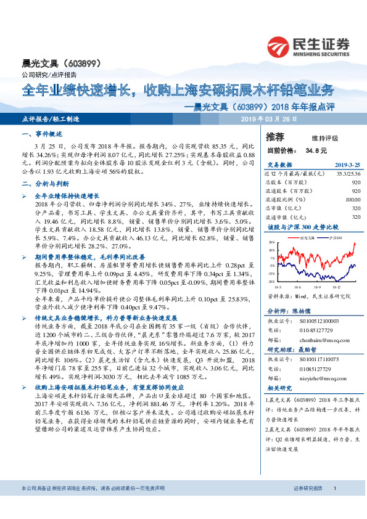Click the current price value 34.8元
pos(310,150)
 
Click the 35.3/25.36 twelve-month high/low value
pos(348,174)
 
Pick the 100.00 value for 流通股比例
pos(352,200)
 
